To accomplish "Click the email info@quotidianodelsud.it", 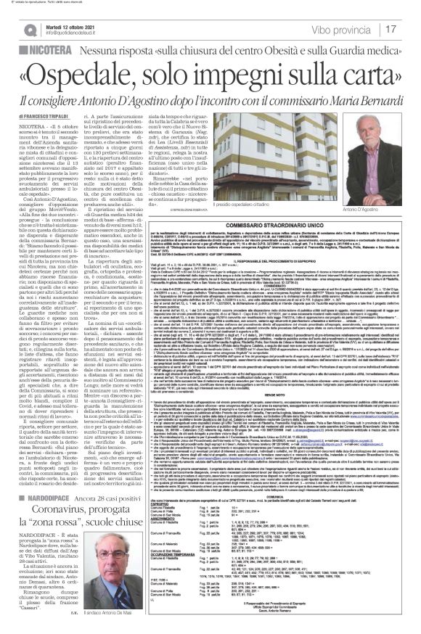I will click(x=76, y=32).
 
